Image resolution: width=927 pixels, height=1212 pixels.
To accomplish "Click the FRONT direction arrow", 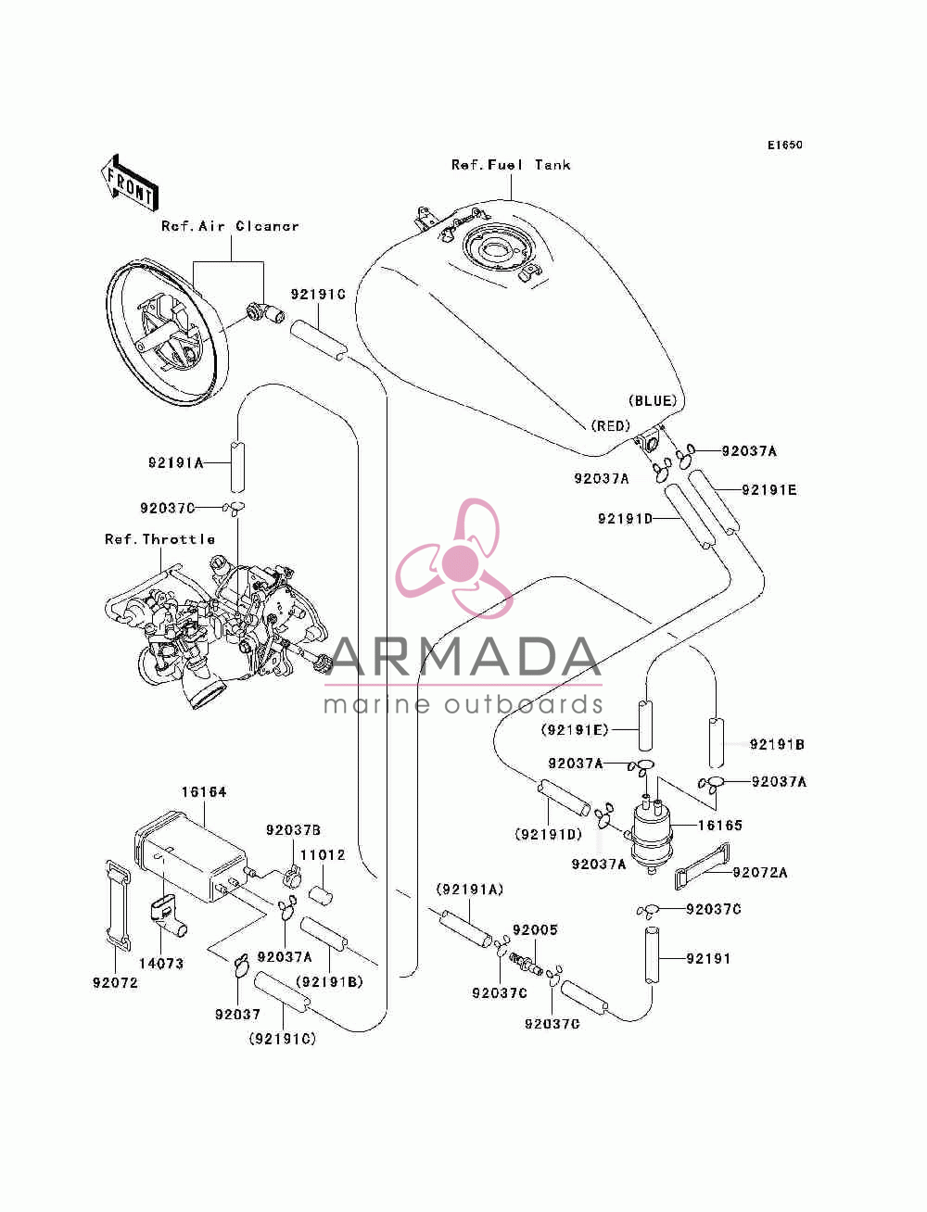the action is coord(129,181).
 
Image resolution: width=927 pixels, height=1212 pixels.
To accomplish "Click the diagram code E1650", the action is coord(784,145).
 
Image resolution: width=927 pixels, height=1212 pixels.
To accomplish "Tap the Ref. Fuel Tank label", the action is coord(511,165).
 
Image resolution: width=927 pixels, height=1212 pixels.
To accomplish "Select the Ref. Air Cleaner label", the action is coord(230,226).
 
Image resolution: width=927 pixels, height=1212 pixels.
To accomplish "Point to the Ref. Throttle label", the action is coord(159,539).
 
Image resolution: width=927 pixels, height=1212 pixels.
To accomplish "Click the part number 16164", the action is coord(204,792).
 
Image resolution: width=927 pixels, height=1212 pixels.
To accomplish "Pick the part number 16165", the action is coord(720,826).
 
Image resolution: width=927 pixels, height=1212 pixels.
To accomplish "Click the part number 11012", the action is coord(323,854).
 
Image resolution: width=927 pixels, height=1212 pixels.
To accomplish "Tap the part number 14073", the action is coord(160,964).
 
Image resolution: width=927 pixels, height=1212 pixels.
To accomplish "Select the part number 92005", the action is coord(535,929).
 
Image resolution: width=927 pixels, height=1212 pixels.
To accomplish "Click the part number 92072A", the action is coord(760,873).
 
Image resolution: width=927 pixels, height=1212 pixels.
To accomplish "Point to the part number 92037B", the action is coord(293,830).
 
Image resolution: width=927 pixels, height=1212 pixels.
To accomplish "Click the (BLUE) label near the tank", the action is coord(653,401).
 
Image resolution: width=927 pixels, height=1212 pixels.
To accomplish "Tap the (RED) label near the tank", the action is coord(611,425).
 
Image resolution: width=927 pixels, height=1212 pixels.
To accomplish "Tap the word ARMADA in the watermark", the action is coord(463,657).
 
